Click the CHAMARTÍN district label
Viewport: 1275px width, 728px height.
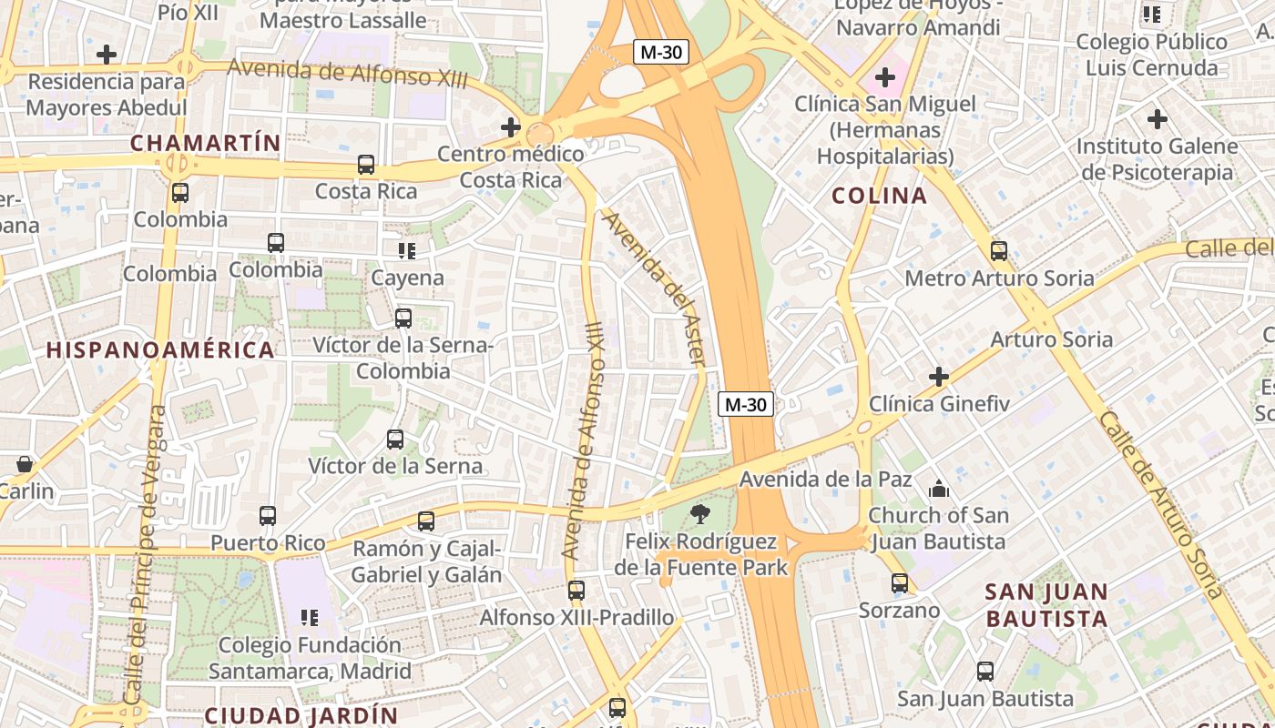pyautogui.click(x=204, y=143)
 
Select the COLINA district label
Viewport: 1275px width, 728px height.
pyautogui.click(x=880, y=196)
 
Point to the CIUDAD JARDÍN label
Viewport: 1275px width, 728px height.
pyautogui.click(x=301, y=714)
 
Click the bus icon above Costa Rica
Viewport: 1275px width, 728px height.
pyautogui.click(x=366, y=165)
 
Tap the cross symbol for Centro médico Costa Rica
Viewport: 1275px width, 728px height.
pyautogui.click(x=511, y=127)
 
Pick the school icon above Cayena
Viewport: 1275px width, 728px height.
pyautogui.click(x=406, y=250)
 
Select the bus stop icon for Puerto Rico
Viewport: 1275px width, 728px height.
pyautogui.click(x=268, y=516)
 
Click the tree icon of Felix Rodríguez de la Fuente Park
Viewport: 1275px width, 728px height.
pyautogui.click(x=700, y=514)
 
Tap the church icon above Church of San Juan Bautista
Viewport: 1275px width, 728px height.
pyautogui.click(x=938, y=490)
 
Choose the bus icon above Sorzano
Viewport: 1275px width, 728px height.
pyautogui.click(x=900, y=583)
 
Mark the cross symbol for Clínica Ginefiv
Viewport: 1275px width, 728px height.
pyautogui.click(x=939, y=376)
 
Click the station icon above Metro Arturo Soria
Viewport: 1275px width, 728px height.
pyautogui.click(x=999, y=251)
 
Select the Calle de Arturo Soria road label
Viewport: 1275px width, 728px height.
pyautogui.click(x=1161, y=505)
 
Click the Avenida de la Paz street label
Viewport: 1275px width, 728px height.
pyautogui.click(x=813, y=479)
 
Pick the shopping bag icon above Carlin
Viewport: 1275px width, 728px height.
pyautogui.click(x=24, y=464)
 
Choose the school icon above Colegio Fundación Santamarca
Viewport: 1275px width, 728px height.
pyautogui.click(x=310, y=618)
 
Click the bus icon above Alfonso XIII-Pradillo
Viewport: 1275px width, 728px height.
pyautogui.click(x=576, y=591)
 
